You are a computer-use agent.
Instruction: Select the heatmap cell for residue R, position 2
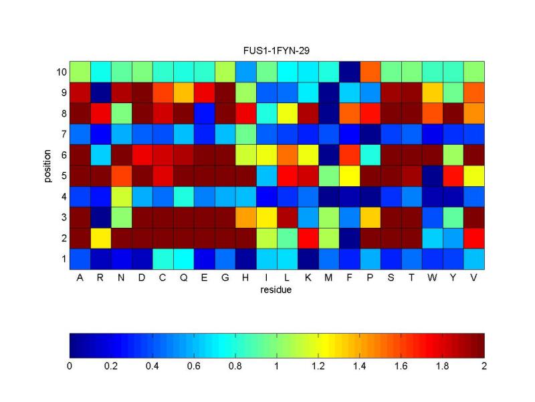coord(100,238)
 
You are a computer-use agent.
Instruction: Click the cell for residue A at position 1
coord(80,259)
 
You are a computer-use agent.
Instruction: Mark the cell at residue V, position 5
coord(473,175)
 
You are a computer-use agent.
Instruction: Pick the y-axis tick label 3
coord(62,217)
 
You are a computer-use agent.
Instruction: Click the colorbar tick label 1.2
coord(318,366)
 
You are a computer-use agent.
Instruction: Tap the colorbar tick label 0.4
coord(152,366)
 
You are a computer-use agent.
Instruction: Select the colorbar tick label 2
coord(484,366)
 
